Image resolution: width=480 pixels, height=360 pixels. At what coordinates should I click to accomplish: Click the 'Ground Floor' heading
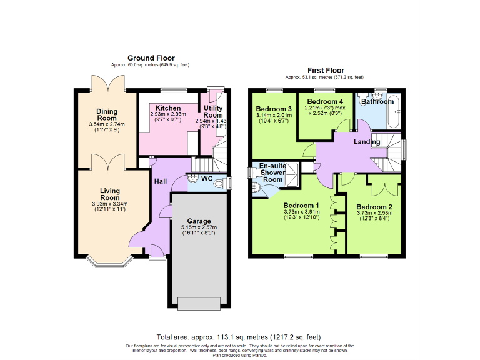[x=151, y=58]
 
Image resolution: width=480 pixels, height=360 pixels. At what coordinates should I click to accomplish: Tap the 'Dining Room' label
[x=106, y=115]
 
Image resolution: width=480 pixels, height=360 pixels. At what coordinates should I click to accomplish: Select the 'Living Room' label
[x=110, y=194]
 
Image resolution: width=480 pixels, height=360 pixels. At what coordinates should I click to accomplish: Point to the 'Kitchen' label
[x=168, y=108]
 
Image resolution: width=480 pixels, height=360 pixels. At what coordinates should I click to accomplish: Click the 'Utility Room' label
[x=213, y=111]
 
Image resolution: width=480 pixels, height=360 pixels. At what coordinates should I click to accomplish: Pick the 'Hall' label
[x=161, y=181]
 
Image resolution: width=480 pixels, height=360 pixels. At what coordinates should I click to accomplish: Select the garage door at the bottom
[x=199, y=304]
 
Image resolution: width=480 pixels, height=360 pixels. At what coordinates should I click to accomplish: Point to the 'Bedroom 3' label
[x=274, y=109]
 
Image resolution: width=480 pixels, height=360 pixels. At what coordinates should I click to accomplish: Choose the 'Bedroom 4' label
[x=325, y=101]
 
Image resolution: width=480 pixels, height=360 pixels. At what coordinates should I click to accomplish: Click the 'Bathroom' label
[x=377, y=101]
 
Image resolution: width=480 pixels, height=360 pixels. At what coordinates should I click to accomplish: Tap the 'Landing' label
[x=366, y=142]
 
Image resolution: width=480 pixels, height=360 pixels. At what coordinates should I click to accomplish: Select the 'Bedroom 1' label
[x=301, y=206]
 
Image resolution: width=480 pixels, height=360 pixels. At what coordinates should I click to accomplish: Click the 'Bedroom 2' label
[x=374, y=207]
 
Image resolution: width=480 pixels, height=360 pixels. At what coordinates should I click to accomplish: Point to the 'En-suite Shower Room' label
[x=272, y=172]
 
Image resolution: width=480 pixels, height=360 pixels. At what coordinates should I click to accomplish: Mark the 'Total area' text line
[x=239, y=336]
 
